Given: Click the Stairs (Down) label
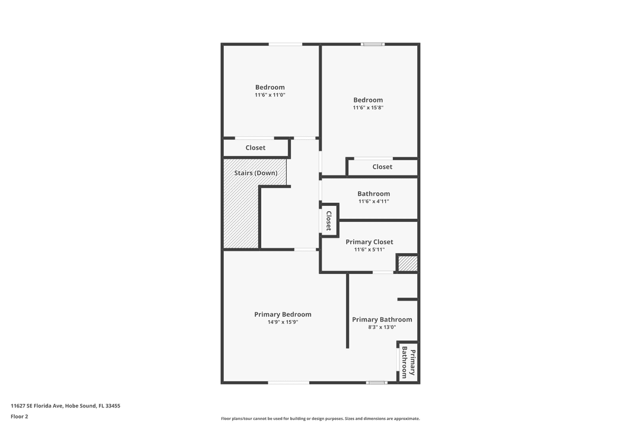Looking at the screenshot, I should (x=255, y=173).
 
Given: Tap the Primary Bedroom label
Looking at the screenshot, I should (x=283, y=314).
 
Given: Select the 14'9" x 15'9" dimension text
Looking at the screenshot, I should (x=283, y=322).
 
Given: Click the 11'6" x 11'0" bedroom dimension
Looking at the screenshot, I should (x=270, y=95).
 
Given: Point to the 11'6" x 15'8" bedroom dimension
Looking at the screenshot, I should (x=368, y=108).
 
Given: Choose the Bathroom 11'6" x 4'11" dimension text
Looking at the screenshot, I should (x=373, y=202).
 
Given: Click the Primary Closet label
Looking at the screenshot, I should (x=369, y=242).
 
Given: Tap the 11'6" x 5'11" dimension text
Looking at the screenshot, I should (x=369, y=250).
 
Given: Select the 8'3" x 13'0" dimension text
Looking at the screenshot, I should (x=382, y=327).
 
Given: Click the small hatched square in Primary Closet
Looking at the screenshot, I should (x=408, y=263).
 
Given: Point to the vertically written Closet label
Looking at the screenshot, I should (x=329, y=220).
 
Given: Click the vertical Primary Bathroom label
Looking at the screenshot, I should (x=408, y=362).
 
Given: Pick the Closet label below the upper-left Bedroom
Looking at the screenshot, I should (x=255, y=148).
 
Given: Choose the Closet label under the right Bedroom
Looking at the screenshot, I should (x=382, y=167).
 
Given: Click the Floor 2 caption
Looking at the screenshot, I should (x=19, y=416).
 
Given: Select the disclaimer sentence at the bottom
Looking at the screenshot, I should (x=320, y=419).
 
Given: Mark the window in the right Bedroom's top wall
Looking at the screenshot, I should (x=373, y=44).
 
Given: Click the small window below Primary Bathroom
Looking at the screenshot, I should (x=377, y=383).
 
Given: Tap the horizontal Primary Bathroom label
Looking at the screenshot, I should (x=382, y=320).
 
